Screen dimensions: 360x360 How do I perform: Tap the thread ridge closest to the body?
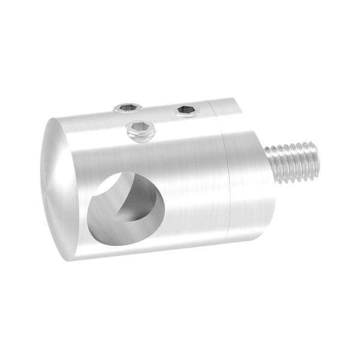[x=273, y=165]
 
